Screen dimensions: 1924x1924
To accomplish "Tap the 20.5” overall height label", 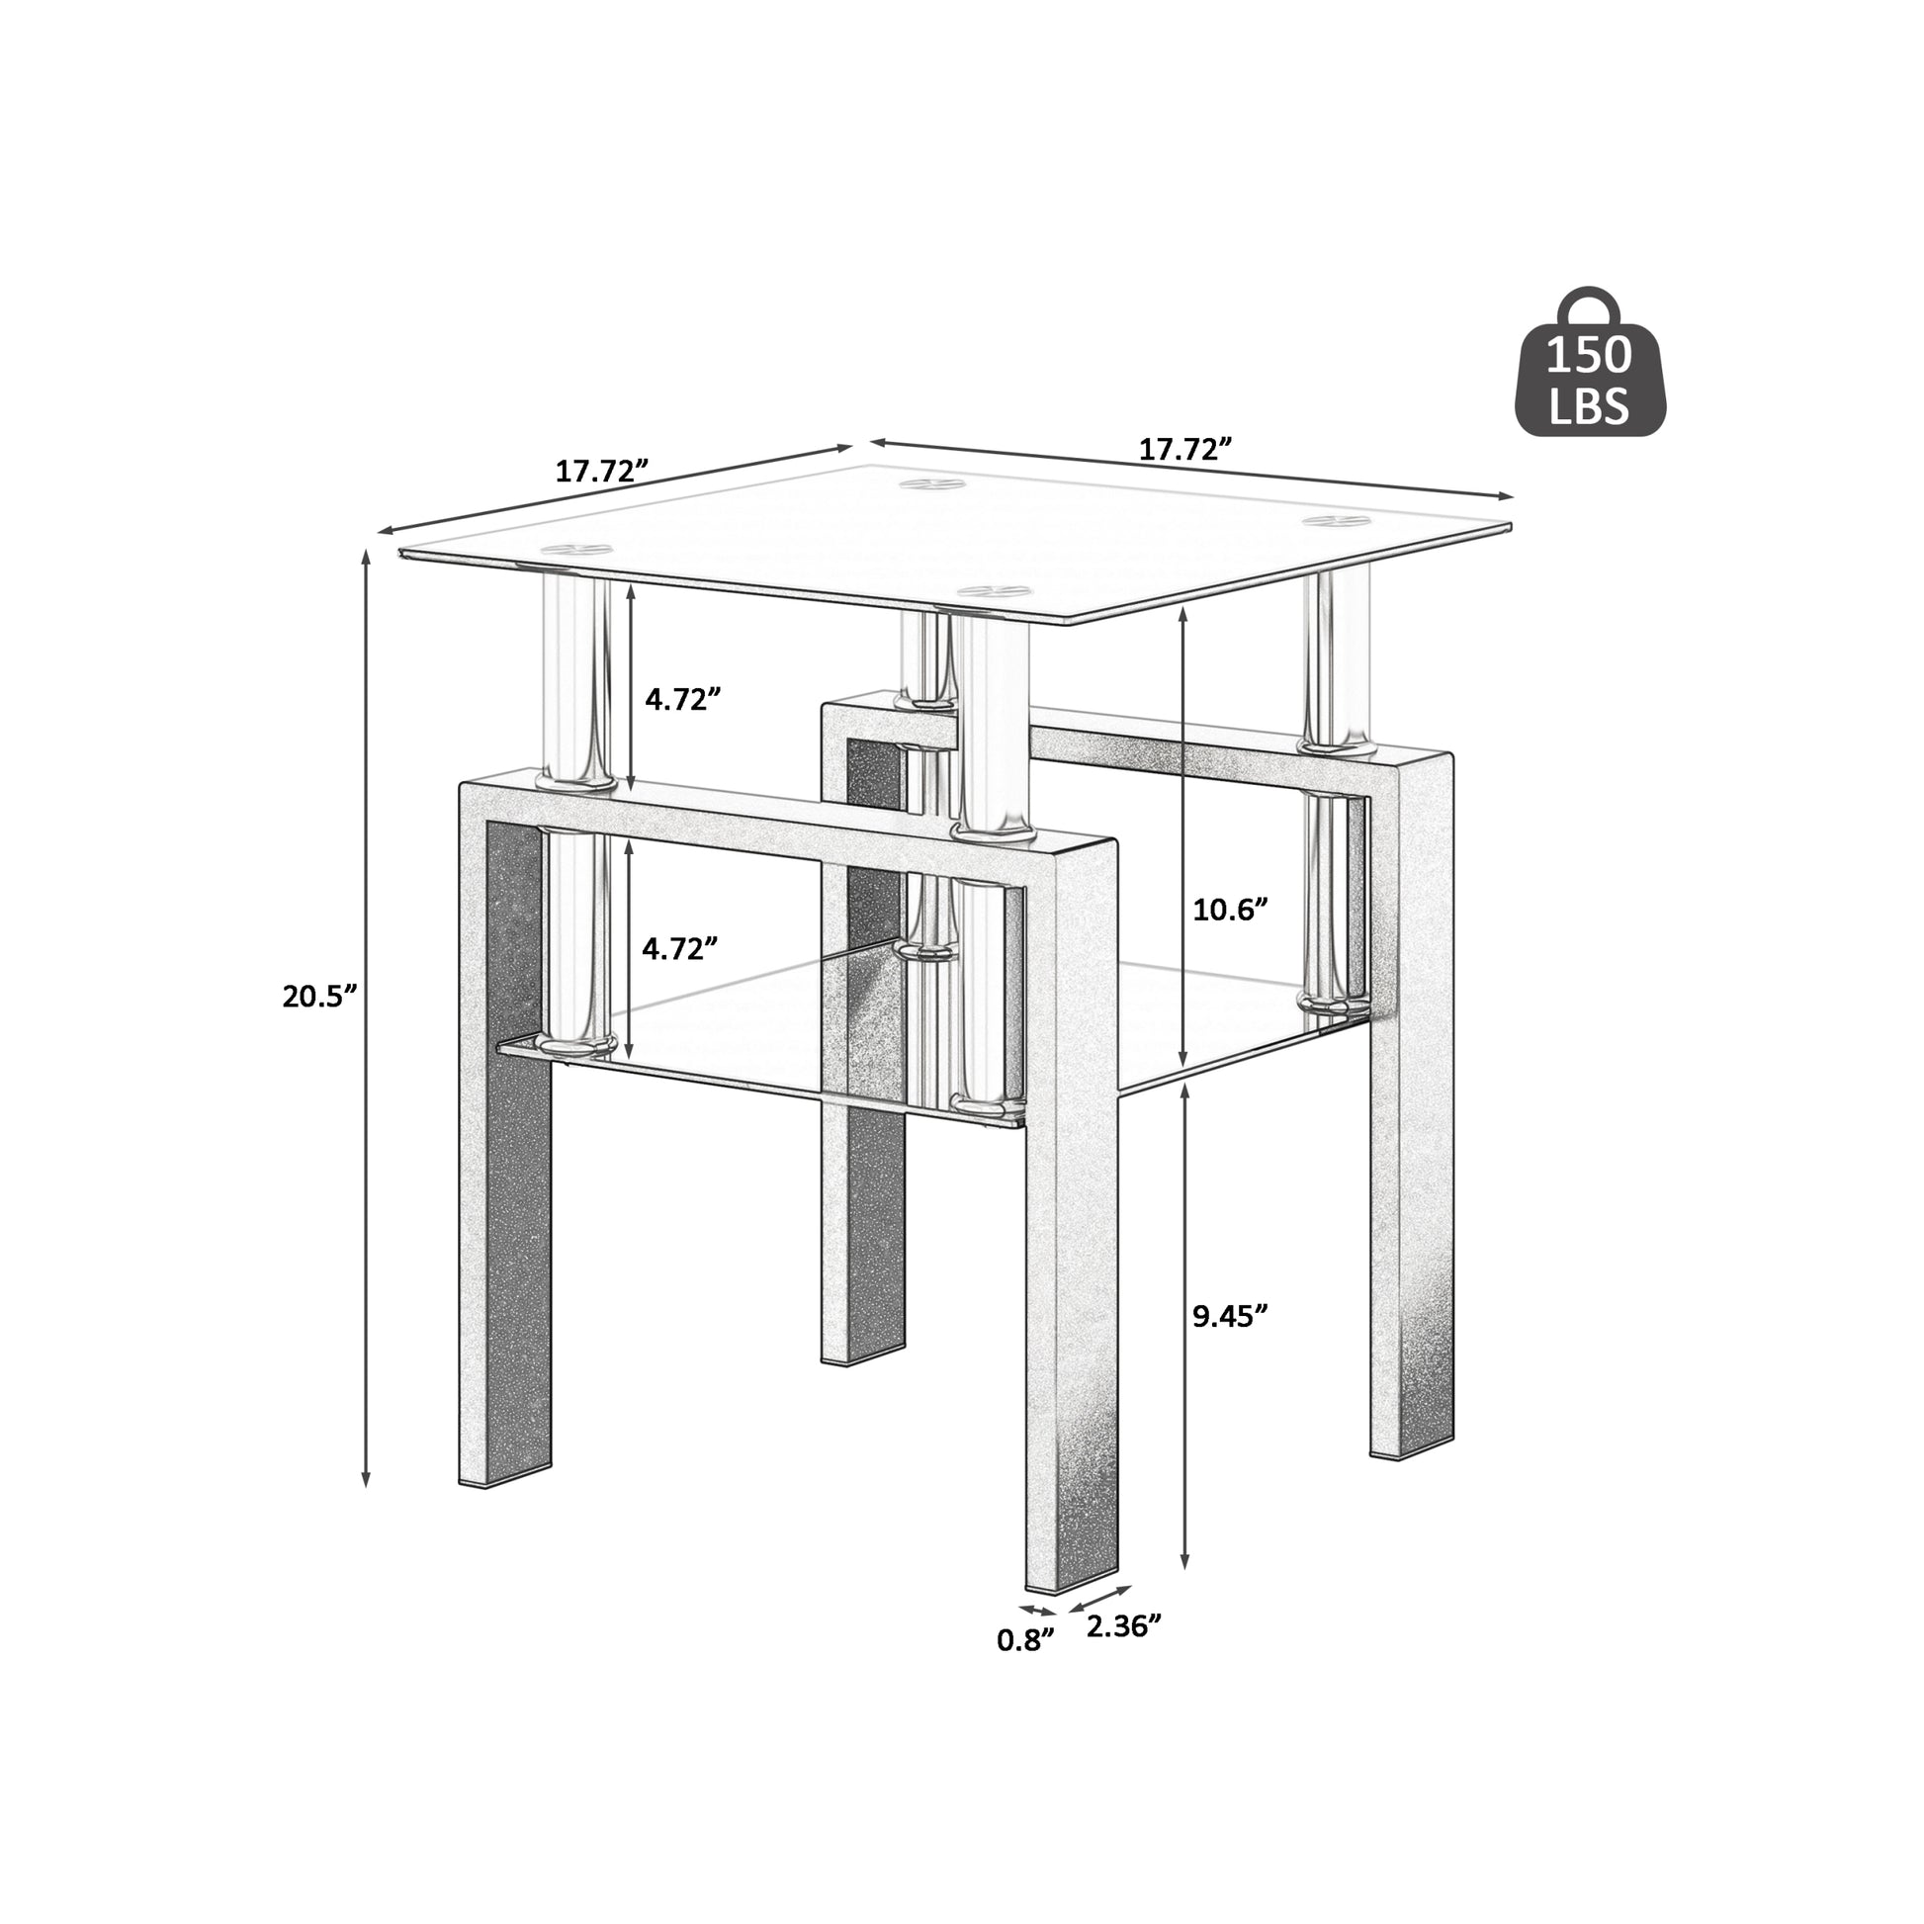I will coord(318,996).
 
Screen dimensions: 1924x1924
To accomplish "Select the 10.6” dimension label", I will coord(1230,910).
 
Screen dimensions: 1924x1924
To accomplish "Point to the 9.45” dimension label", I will coord(1230,1316).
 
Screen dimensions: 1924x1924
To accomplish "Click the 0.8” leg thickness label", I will coord(1024,1640).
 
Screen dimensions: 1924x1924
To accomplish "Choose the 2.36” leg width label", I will coord(1123,1626).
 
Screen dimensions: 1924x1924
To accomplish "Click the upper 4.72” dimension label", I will coord(682,699).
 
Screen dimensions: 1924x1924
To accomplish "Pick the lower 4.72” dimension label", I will coord(680,948).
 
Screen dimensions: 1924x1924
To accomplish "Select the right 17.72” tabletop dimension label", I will coord(1185,449).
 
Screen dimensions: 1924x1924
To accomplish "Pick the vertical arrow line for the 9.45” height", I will coord(1185,1330).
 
